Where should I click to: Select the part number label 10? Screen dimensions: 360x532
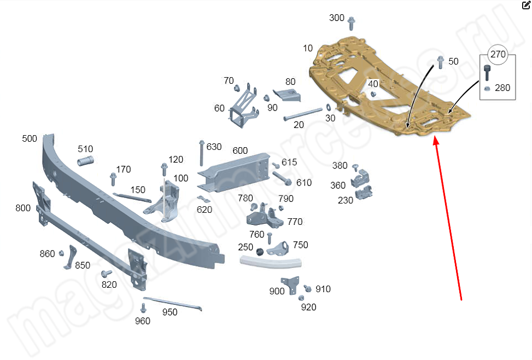[x=308, y=48]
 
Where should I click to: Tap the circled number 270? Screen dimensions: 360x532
[x=498, y=54]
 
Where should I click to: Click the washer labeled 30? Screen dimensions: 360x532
[x=328, y=107]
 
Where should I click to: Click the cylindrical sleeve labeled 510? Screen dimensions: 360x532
[x=86, y=161]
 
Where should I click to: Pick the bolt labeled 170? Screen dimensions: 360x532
[x=113, y=178]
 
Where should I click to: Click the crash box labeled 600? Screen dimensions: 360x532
[x=235, y=171]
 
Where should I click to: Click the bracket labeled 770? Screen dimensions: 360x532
[x=265, y=218]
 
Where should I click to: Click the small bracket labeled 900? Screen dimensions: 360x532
[x=294, y=285]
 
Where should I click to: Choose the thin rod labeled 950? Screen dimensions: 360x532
[x=173, y=303]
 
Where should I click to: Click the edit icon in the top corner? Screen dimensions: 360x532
[x=525, y=5]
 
